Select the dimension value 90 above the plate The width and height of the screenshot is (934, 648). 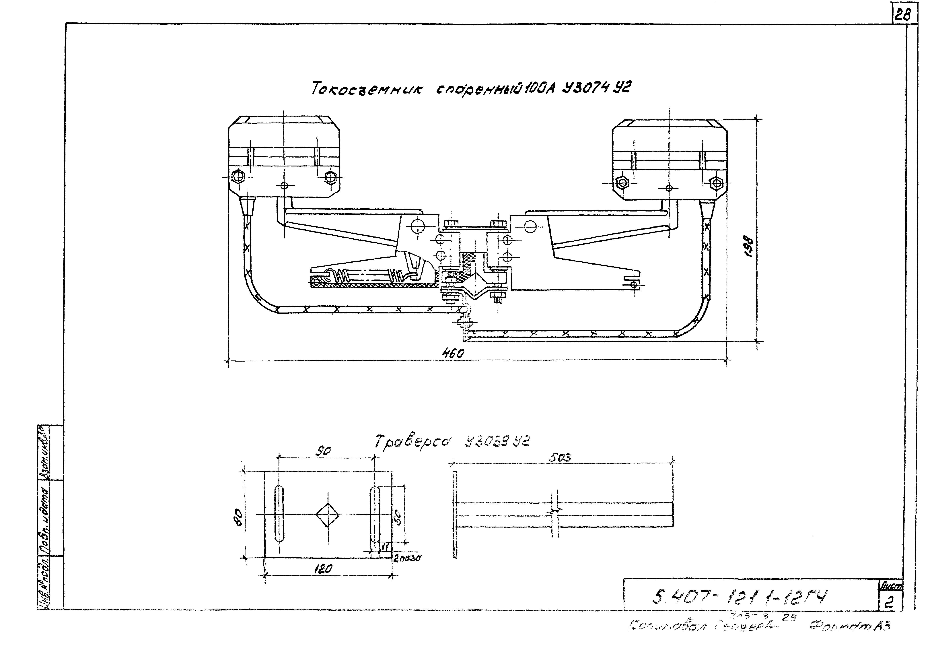click(x=324, y=451)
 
